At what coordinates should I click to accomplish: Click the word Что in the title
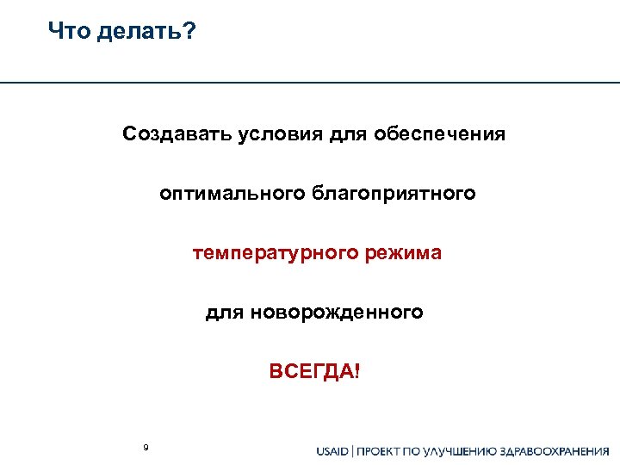pyautogui.click(x=69, y=33)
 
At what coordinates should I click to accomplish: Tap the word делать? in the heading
pyautogui.click(x=146, y=33)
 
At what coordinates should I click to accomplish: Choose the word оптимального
pyautogui.click(x=226, y=194)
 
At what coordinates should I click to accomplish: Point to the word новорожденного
pyautogui.click(x=338, y=313)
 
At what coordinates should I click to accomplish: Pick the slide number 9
pyautogui.click(x=146, y=447)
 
